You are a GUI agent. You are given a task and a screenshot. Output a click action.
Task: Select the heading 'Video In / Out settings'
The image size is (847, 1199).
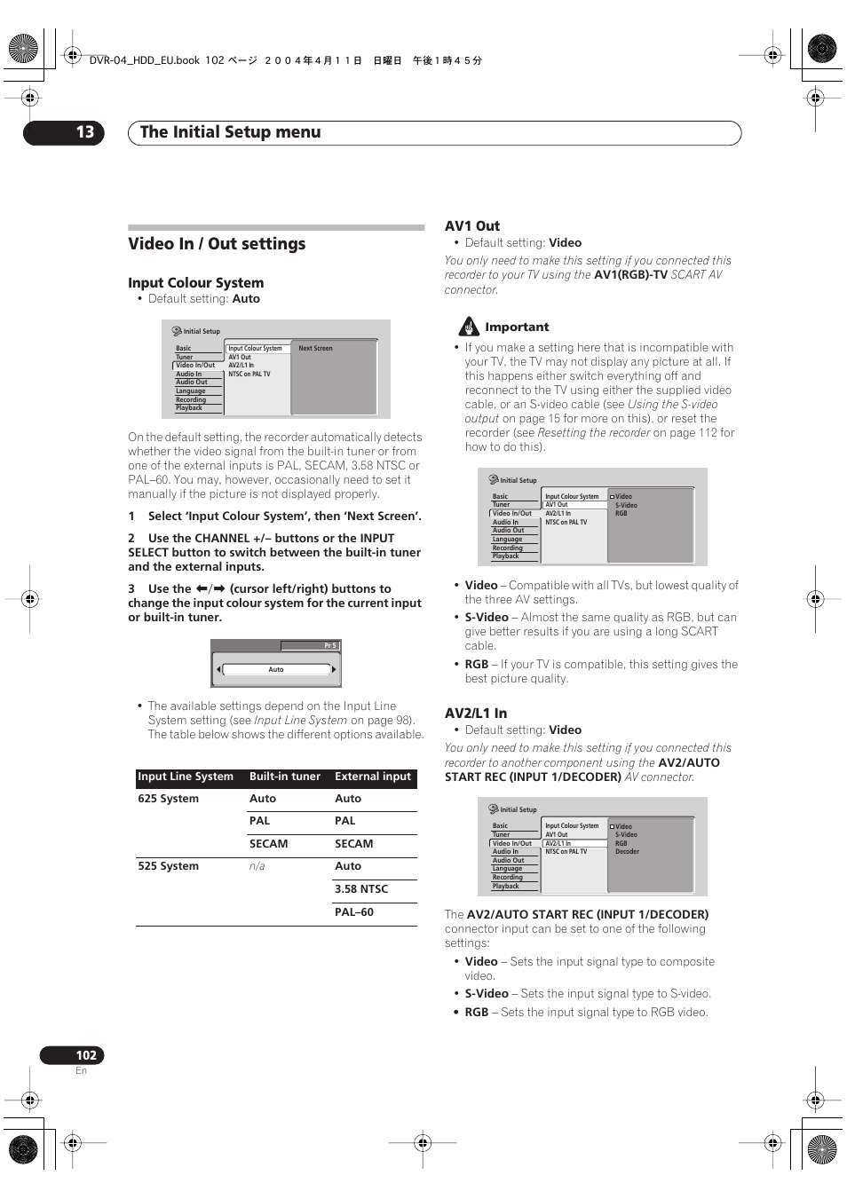click(x=217, y=244)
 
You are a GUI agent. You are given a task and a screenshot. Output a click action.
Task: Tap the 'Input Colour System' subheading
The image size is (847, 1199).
click(x=195, y=283)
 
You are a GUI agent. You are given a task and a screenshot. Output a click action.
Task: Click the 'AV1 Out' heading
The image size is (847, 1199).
click(x=472, y=226)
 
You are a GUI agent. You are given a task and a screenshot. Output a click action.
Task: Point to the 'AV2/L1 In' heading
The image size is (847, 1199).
click(x=476, y=714)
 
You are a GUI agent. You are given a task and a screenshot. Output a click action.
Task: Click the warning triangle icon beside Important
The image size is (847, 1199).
click(x=469, y=327)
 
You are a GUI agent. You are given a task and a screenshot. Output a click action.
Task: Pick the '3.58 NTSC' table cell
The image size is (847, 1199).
click(x=361, y=889)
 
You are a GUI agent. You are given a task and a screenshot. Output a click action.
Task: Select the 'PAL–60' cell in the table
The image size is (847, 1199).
click(x=354, y=912)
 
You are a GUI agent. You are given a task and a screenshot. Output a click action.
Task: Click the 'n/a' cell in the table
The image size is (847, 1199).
click(x=257, y=866)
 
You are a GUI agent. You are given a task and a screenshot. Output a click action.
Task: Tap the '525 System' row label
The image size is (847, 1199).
click(x=169, y=866)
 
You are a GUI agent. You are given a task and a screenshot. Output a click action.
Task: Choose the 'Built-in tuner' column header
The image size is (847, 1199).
click(x=285, y=777)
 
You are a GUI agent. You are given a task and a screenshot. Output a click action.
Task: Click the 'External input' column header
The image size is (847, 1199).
click(x=373, y=777)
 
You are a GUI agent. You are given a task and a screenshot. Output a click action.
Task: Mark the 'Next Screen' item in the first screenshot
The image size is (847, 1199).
click(x=315, y=349)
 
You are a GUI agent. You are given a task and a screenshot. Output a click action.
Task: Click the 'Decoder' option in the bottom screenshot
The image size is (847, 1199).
click(x=627, y=852)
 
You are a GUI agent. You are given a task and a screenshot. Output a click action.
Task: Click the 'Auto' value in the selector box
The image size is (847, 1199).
click(x=276, y=669)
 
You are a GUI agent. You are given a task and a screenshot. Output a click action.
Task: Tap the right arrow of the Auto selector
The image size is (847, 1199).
click(x=334, y=669)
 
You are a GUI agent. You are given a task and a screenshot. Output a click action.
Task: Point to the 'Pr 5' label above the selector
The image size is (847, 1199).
click(x=329, y=646)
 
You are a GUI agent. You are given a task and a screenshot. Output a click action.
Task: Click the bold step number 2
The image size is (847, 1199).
click(x=131, y=539)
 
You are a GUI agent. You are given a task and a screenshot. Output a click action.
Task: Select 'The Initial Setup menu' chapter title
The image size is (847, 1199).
click(x=231, y=132)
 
